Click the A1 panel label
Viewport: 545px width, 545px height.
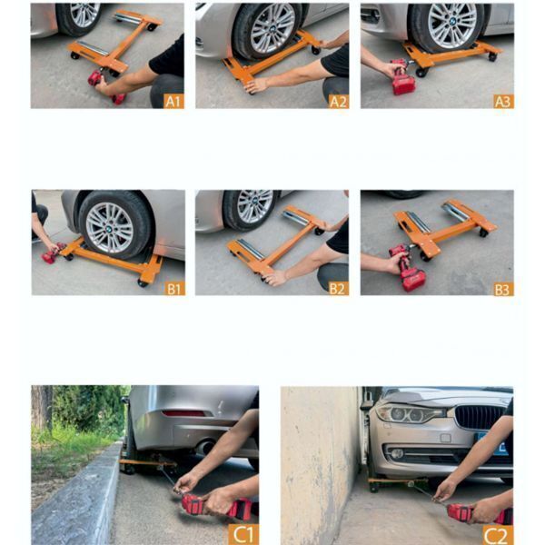(173, 101)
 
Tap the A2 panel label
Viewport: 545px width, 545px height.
(339, 101)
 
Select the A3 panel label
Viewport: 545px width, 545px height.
(503, 101)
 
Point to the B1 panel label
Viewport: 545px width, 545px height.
(174, 289)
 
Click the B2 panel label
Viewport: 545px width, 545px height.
(339, 289)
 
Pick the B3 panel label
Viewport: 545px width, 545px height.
(503, 289)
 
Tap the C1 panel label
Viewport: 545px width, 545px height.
(243, 534)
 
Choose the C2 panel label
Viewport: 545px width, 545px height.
(498, 535)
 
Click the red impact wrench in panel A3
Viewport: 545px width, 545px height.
(403, 78)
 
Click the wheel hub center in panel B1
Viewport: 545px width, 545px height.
(109, 229)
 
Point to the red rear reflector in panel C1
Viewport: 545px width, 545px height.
(183, 413)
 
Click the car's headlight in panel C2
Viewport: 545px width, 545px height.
(411, 413)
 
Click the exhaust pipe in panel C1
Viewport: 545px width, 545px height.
(205, 447)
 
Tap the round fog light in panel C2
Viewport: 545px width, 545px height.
(397, 453)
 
